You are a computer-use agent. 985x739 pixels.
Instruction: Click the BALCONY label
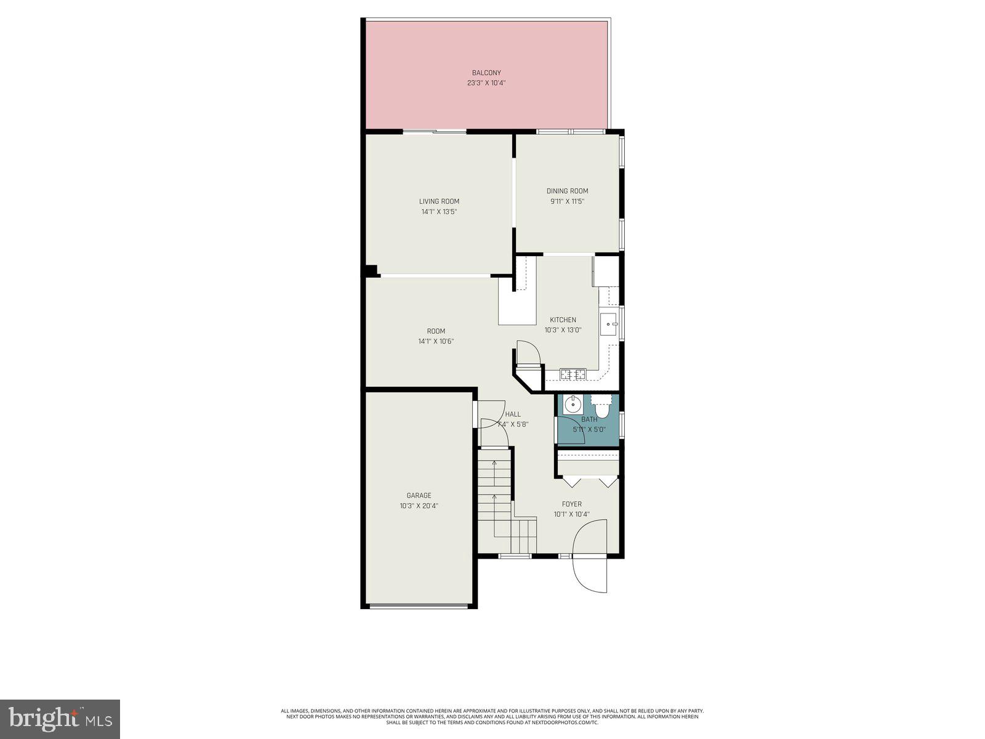(486, 73)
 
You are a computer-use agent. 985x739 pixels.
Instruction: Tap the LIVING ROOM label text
(439, 201)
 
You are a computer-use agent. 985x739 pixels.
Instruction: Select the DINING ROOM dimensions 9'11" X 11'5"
(567, 201)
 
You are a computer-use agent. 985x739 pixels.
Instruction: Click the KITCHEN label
(563, 320)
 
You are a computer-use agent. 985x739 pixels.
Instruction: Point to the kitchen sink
(608, 323)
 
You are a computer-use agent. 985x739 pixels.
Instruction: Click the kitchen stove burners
(573, 373)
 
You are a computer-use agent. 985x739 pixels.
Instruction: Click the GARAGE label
(419, 495)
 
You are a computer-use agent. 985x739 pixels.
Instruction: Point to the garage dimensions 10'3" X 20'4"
(419, 506)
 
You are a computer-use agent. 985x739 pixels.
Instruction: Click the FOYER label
(571, 504)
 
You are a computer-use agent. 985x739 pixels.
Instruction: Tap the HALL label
(512, 414)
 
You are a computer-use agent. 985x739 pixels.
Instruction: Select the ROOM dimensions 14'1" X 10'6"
(436, 341)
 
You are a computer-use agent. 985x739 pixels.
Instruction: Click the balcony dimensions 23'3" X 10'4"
(486, 83)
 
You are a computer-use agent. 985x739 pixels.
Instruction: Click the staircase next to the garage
(496, 505)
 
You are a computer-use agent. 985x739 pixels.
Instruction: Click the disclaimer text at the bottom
(492, 716)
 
